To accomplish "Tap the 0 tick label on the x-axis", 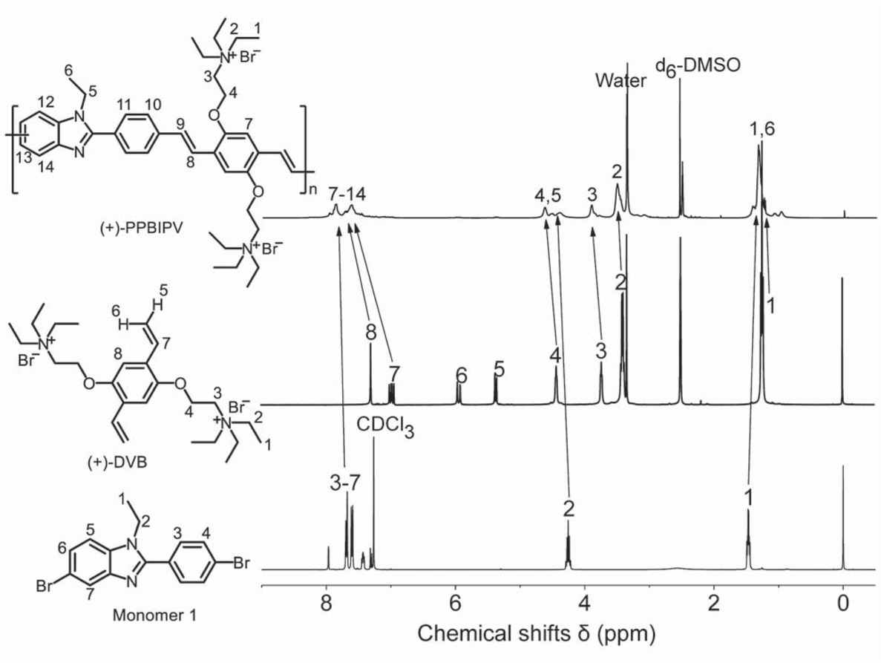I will point(843,605).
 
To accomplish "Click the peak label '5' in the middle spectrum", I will point(500,369).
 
